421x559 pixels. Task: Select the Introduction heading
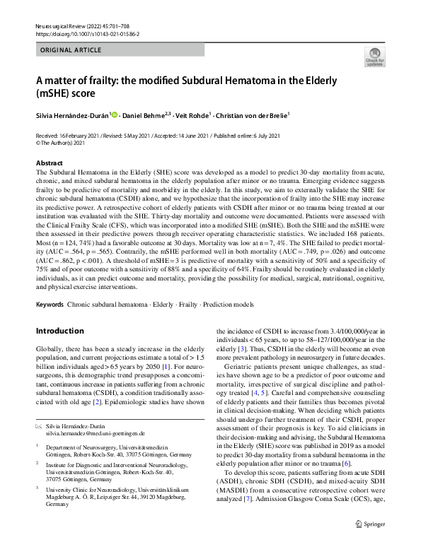tap(59, 331)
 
